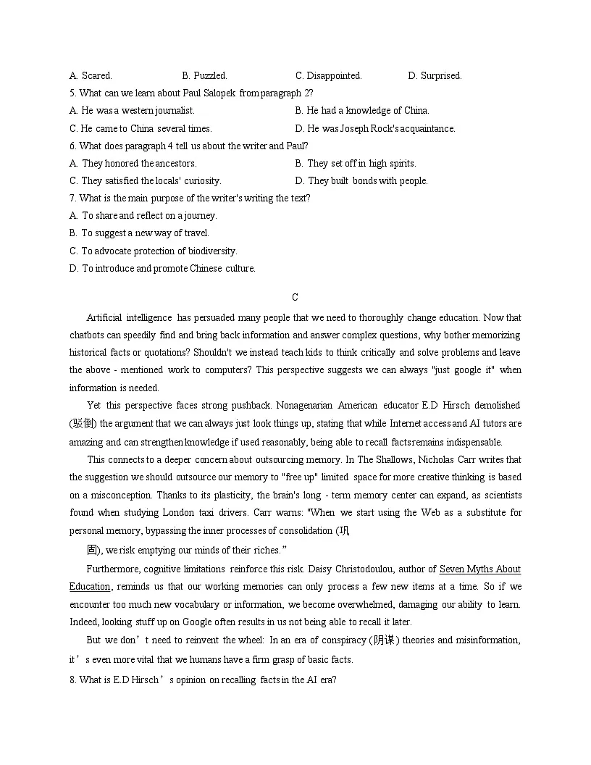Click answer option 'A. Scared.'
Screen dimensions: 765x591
pos(91,75)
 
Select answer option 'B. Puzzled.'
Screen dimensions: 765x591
pos(204,75)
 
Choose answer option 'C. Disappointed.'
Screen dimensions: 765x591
pos(328,75)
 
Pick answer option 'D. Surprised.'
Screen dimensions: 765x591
pos(435,75)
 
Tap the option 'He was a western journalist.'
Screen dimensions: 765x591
pos(132,111)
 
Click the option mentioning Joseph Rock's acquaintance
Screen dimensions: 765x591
pos(375,129)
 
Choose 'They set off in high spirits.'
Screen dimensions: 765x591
pos(356,164)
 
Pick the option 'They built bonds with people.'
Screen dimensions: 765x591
pos(361,181)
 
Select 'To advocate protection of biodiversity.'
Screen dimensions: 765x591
pos(153,251)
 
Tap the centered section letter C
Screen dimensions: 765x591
pos(295,298)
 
